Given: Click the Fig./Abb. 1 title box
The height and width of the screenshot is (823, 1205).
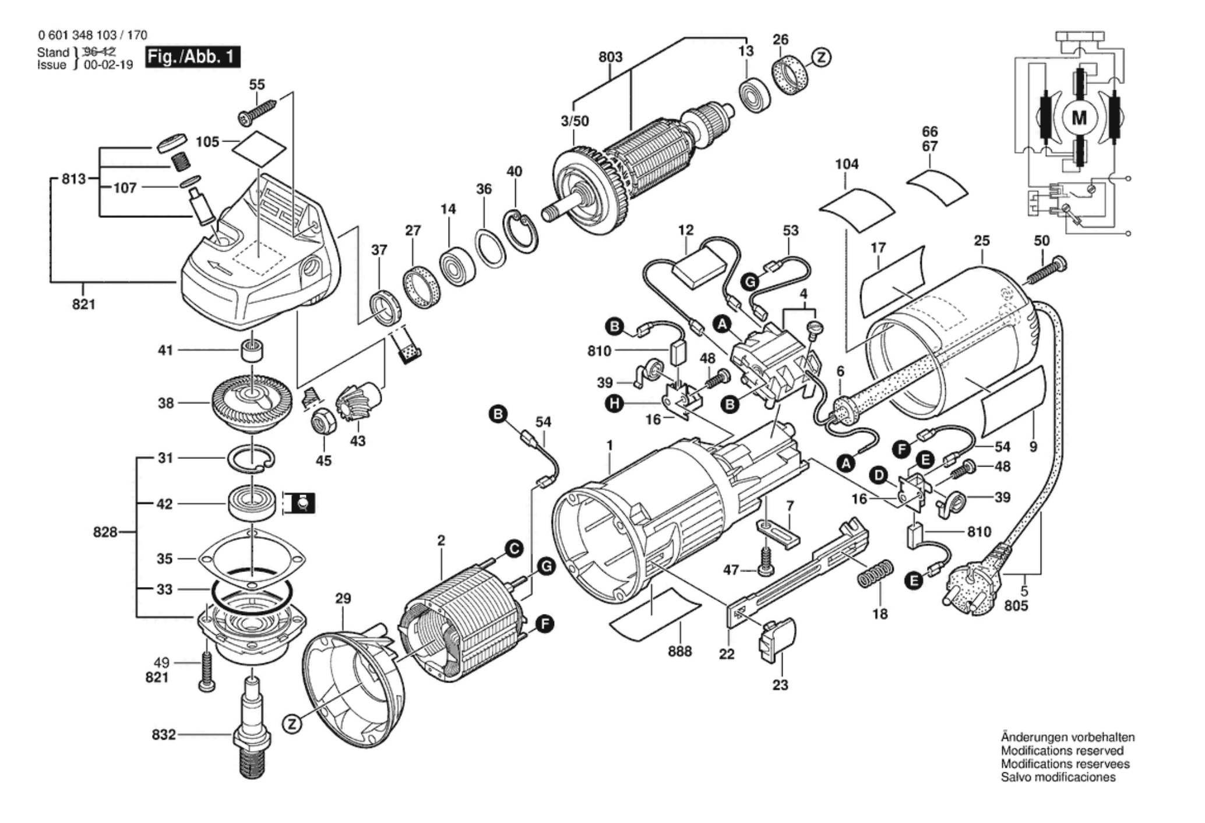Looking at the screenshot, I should click(192, 57).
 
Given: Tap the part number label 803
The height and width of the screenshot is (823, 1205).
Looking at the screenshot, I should click(610, 57).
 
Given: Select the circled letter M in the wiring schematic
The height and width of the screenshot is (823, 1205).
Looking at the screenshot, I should click(1079, 118).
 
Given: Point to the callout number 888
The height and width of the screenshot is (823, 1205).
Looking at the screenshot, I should click(680, 651).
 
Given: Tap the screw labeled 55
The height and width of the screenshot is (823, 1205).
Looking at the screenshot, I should click(257, 112).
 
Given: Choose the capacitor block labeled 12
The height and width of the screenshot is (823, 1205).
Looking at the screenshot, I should click(700, 269).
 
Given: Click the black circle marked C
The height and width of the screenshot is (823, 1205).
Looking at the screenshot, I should click(513, 549).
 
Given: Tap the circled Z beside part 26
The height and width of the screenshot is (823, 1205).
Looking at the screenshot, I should click(822, 57).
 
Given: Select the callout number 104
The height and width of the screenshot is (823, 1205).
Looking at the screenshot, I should click(847, 164).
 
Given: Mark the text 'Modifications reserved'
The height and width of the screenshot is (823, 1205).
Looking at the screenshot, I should click(1062, 751).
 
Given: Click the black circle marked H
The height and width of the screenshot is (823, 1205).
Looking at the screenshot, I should click(614, 402).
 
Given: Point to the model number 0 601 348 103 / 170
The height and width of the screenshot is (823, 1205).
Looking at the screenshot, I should click(92, 36).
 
